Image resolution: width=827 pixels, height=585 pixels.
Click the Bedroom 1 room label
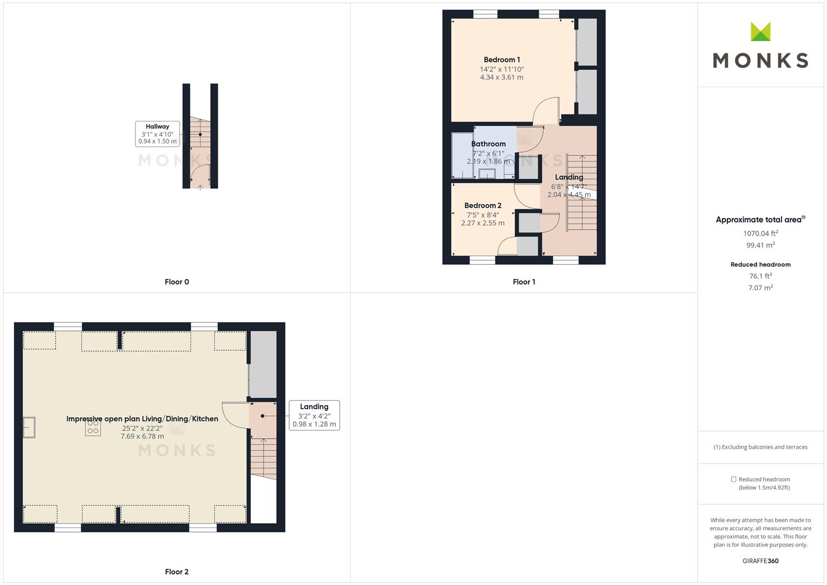click(502, 60)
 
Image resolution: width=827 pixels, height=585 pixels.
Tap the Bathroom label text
click(488, 144)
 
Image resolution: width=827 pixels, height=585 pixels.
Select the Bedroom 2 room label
click(483, 206)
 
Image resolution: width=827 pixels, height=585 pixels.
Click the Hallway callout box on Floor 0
click(157, 134)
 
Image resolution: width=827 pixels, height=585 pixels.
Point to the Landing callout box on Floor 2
click(314, 415)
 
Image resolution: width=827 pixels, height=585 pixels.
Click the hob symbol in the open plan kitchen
click(93, 428)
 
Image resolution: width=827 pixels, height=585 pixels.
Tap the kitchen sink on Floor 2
click(29, 427)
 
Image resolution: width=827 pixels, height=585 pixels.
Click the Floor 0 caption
click(177, 282)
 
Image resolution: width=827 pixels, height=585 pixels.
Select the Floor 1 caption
click(524, 282)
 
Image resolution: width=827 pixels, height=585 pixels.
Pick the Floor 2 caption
click(177, 571)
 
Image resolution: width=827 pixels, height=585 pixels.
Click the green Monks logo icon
click(760, 31)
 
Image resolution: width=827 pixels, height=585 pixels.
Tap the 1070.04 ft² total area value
click(760, 233)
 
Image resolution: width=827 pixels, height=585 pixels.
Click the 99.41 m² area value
click(760, 245)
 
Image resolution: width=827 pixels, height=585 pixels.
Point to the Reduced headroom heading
click(760, 264)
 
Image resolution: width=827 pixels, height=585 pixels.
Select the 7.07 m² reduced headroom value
click(760, 288)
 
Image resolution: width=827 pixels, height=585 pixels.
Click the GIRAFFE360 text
click(760, 561)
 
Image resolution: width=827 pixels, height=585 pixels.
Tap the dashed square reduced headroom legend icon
click(734, 479)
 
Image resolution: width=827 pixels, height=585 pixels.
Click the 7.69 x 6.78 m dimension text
click(142, 437)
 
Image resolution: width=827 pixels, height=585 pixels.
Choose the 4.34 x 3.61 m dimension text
click(502, 77)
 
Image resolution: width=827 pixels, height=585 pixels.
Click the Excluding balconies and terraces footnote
click(760, 447)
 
